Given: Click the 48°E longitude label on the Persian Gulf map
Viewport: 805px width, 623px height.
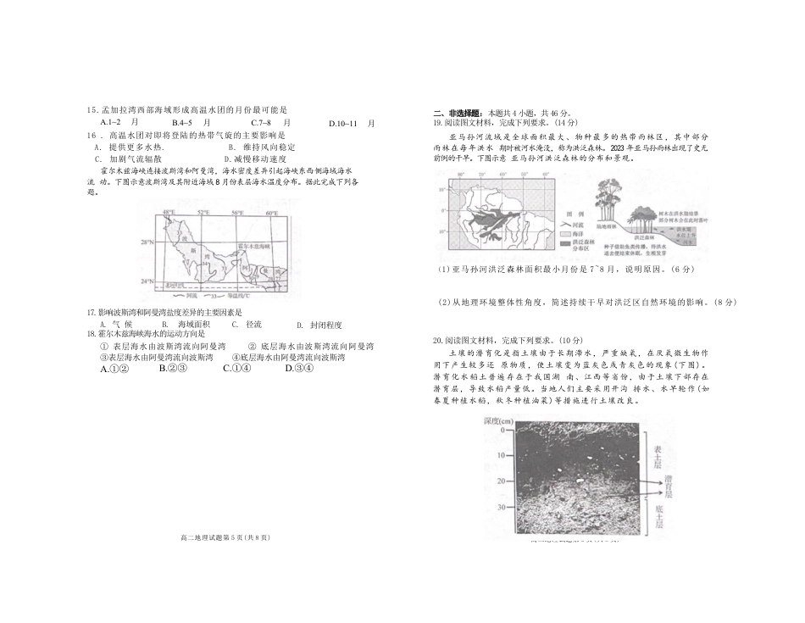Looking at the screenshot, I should click(x=169, y=213).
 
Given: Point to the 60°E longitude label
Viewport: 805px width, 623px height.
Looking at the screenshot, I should click(x=273, y=213).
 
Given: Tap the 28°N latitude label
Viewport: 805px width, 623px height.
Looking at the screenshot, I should click(x=148, y=243).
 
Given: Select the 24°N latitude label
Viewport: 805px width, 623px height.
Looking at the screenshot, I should click(x=147, y=281).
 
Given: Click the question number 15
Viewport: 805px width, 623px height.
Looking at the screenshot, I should click(x=92, y=110).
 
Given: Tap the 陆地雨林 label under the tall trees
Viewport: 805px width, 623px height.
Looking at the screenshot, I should click(x=608, y=225).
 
